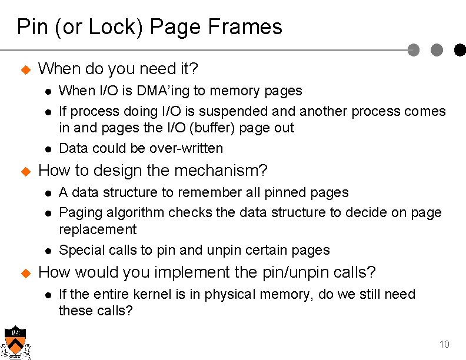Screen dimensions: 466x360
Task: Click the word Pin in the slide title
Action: tap(29, 27)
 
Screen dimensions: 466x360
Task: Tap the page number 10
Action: tap(444, 344)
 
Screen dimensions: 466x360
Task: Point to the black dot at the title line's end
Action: tap(460, 51)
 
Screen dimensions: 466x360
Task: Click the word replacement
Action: tap(98, 229)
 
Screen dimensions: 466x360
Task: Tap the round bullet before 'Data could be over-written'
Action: tap(48, 149)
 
